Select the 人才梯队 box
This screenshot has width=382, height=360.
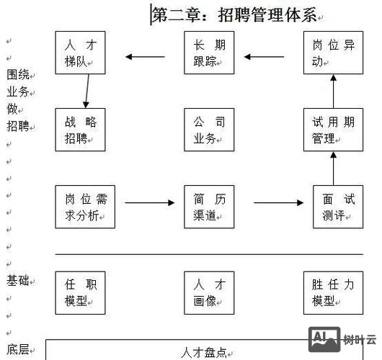tap(81, 53)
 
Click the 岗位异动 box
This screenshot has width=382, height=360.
tap(333, 53)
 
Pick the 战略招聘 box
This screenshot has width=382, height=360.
tap(81, 130)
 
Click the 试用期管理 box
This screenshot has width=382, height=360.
tap(333, 130)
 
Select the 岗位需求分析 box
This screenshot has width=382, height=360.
tap(85, 207)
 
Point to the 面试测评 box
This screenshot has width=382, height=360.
tap(337, 207)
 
